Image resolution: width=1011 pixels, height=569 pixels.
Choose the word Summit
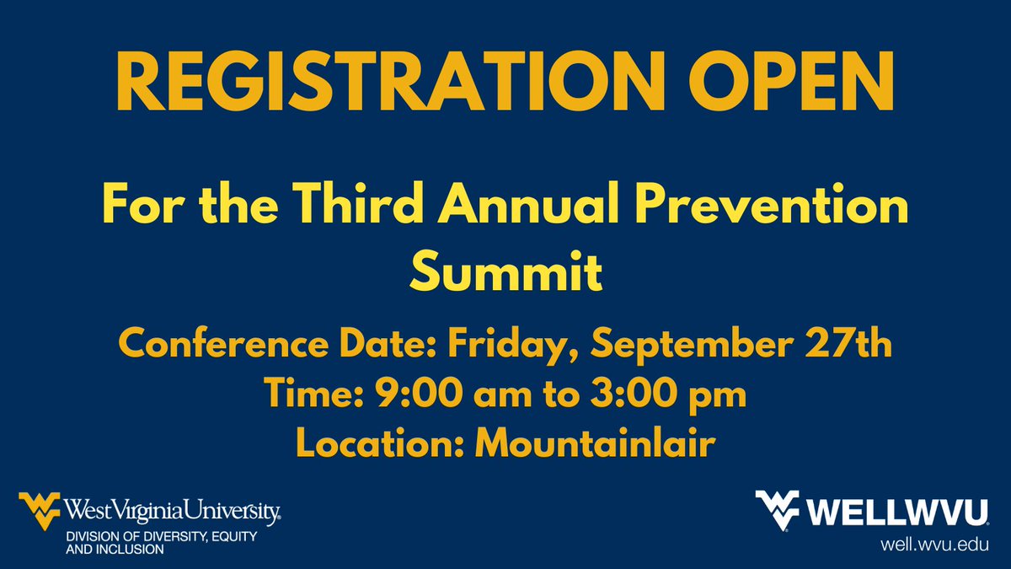pyautogui.click(x=505, y=272)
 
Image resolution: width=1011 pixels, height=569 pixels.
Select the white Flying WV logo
pyautogui.click(x=779, y=511)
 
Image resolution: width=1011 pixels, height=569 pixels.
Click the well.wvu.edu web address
pyautogui.click(x=931, y=545)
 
